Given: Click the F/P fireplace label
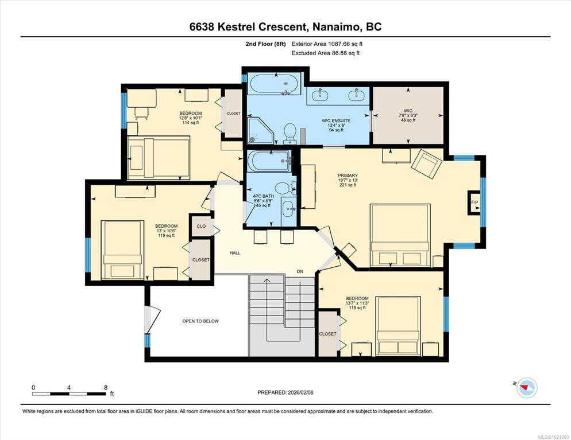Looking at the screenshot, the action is click(x=474, y=203).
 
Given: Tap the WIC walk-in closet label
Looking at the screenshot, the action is click(x=408, y=111).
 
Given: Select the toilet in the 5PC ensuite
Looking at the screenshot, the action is click(x=290, y=134).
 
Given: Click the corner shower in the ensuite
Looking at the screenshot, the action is click(x=260, y=130).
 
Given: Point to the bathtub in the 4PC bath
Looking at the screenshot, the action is click(x=269, y=161).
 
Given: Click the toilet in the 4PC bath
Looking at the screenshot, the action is click(x=285, y=188).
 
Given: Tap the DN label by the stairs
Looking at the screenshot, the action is click(x=300, y=271).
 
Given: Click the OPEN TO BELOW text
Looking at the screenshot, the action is click(x=200, y=321).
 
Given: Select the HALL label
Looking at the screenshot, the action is click(x=235, y=253).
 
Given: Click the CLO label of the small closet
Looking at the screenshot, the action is click(x=201, y=226).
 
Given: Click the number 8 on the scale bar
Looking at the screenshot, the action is click(x=106, y=388).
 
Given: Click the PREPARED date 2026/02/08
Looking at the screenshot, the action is click(x=300, y=392).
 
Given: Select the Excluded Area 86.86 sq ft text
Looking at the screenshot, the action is click(x=326, y=53).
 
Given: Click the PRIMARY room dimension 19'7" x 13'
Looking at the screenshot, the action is click(x=348, y=180).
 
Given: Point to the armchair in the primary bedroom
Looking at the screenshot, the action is click(x=426, y=163).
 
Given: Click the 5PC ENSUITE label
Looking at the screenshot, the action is click(x=336, y=120).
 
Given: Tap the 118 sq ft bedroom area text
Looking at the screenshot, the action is click(x=357, y=307).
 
